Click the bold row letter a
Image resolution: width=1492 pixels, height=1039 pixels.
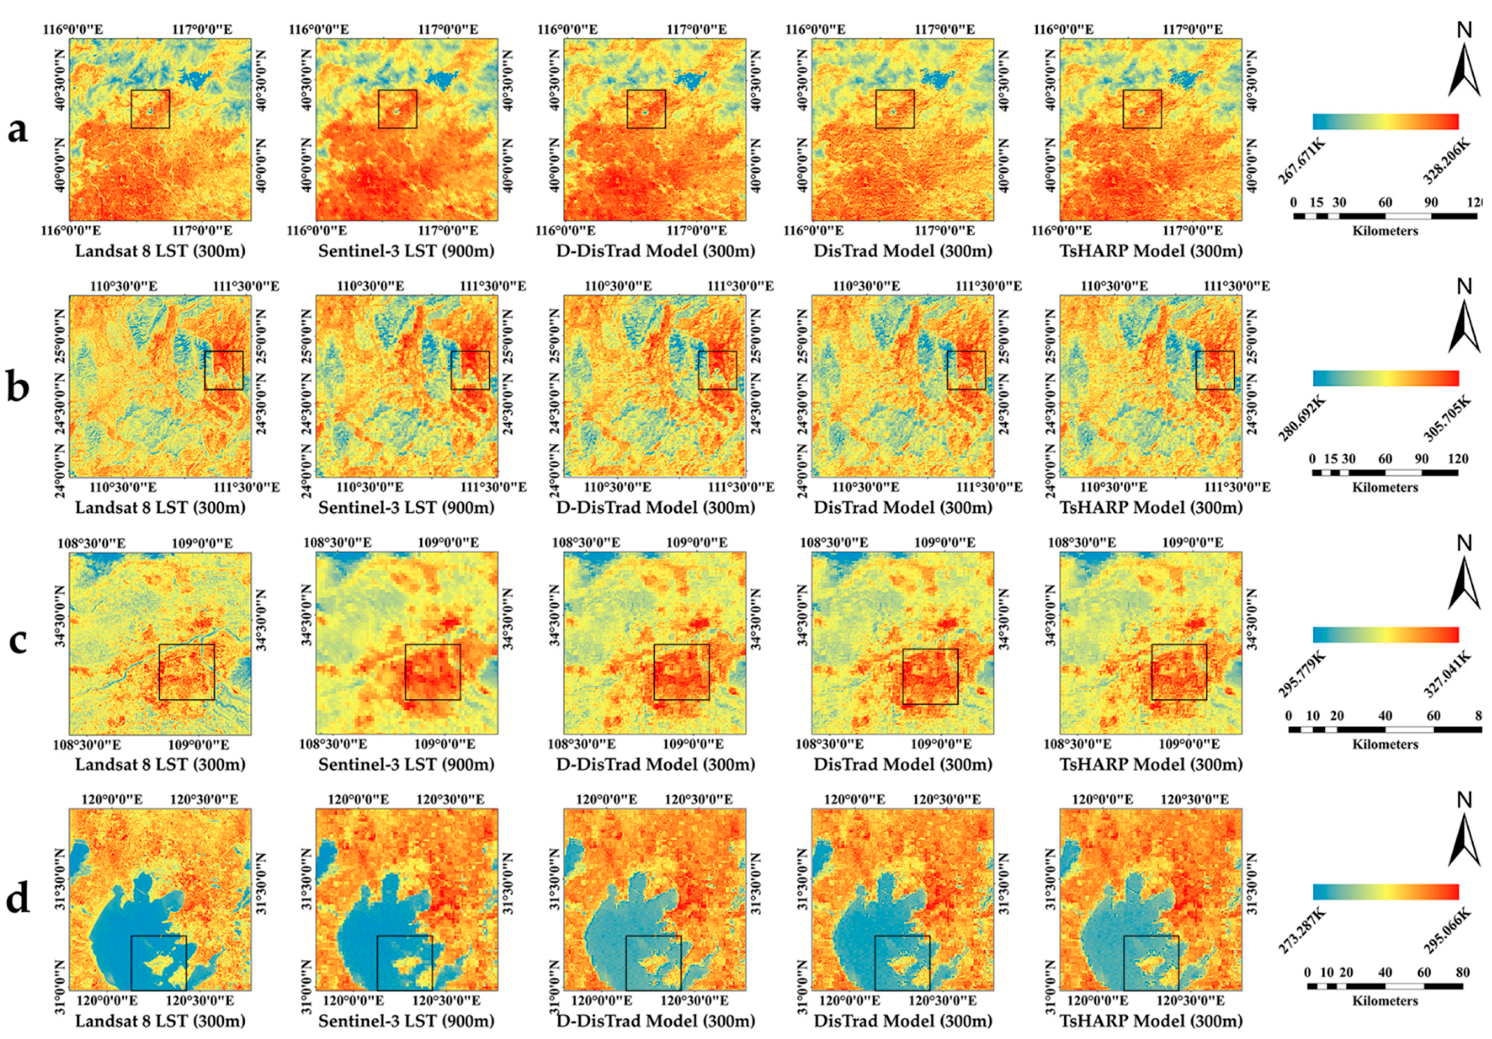[18, 130]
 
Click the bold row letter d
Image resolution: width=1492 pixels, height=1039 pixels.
[18, 900]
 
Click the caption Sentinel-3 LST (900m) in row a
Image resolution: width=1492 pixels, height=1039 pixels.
[406, 251]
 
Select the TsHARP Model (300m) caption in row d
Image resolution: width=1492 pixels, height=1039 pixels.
[1151, 1021]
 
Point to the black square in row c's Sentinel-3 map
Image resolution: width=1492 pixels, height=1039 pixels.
[433, 672]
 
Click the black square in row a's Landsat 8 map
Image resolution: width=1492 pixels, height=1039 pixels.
[150, 109]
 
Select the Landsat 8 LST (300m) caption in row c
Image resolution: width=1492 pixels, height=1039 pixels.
[160, 765]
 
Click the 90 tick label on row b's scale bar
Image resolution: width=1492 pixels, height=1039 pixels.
[1421, 459]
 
